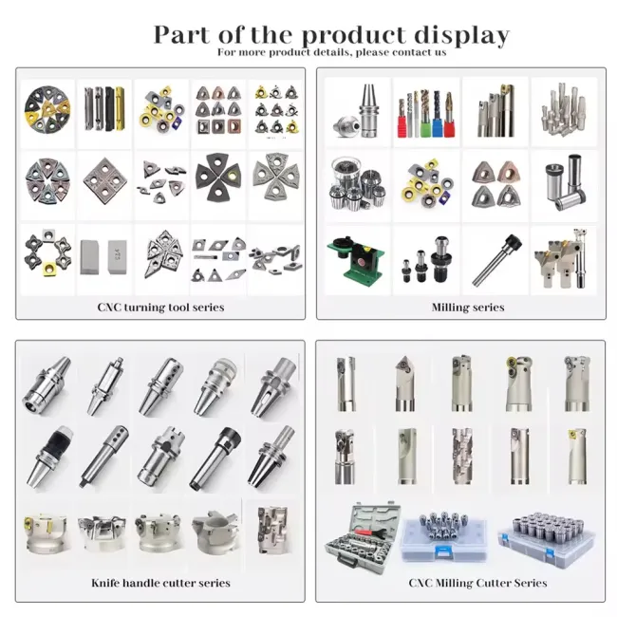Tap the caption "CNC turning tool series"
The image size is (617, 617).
[x=160, y=307]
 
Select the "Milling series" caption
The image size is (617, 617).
[x=468, y=307]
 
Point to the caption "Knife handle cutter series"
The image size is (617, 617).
[x=160, y=582]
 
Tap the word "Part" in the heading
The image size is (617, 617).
[x=184, y=36]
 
